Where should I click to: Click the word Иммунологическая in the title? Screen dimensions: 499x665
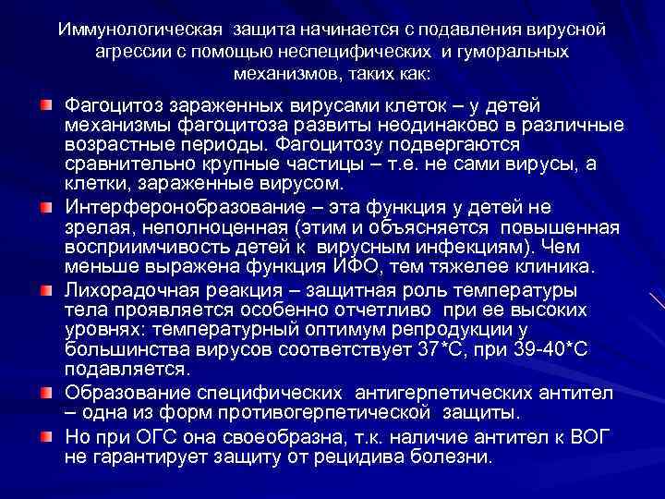pyautogui.click(x=128, y=29)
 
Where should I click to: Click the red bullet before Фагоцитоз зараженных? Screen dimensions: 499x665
pyautogui.click(x=45, y=100)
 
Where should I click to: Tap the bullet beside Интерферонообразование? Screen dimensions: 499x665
pyautogui.click(x=45, y=205)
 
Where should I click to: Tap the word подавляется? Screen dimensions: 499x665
pyautogui.click(x=128, y=370)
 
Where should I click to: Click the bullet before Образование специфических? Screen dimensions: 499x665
pyautogui.click(x=45, y=390)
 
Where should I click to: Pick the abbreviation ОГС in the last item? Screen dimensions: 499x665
pyautogui.click(x=151, y=435)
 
